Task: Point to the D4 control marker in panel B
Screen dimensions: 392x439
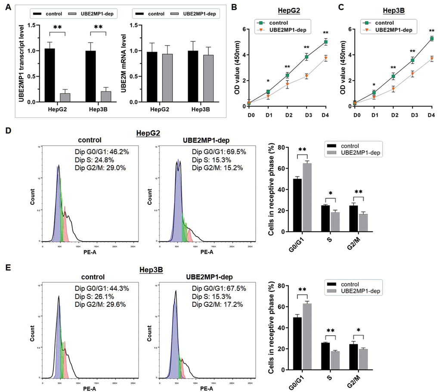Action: click(326, 42)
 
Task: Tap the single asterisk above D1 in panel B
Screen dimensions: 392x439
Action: click(268, 81)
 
